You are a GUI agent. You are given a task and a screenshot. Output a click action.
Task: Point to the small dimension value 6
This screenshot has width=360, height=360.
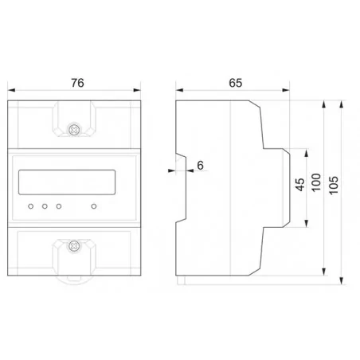[x=199, y=166]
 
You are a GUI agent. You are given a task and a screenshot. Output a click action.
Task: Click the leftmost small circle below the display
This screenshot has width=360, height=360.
[x=30, y=206]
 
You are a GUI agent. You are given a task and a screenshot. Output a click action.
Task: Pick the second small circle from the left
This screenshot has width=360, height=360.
[x=45, y=206]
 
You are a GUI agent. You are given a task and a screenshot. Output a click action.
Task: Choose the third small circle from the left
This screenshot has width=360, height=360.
[x=58, y=206]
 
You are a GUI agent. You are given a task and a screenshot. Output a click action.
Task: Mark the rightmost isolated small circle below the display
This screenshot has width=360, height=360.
[x=95, y=206]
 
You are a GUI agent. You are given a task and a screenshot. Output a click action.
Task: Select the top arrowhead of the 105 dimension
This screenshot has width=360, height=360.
[x=342, y=104]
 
